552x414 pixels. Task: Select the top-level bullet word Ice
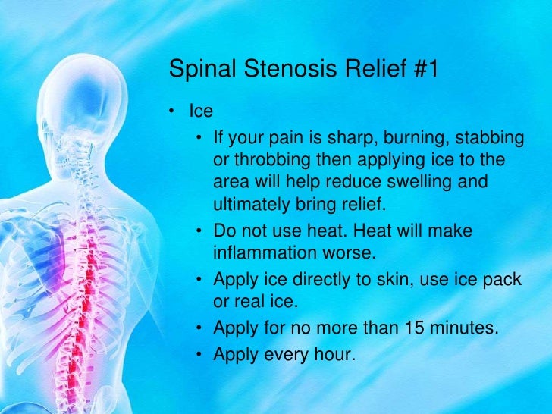tap(201, 111)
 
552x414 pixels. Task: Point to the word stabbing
tap(491, 139)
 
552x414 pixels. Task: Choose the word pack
tap(503, 279)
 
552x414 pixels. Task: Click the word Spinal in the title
tap(199, 70)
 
